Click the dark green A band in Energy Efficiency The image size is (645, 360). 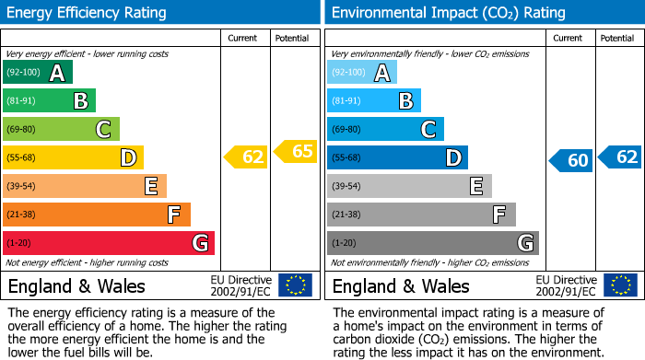click(x=37, y=73)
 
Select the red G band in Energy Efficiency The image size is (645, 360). click(x=109, y=243)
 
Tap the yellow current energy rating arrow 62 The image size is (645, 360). click(x=246, y=157)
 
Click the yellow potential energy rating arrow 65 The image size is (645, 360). click(x=295, y=151)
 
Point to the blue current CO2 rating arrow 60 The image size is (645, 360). click(x=571, y=161)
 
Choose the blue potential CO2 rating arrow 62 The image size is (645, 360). click(x=620, y=157)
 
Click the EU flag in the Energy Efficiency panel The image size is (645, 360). click(x=295, y=285)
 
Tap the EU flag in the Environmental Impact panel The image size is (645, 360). click(x=619, y=285)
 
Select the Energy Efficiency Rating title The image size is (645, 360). click(x=88, y=13)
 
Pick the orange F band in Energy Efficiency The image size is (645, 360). click(x=97, y=215)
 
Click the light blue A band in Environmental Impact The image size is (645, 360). click(x=361, y=73)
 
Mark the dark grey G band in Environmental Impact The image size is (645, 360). click(x=432, y=243)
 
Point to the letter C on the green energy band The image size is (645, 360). click(x=104, y=130)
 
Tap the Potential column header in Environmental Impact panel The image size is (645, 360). click(x=618, y=38)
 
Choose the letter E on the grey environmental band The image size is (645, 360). click(x=475, y=186)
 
